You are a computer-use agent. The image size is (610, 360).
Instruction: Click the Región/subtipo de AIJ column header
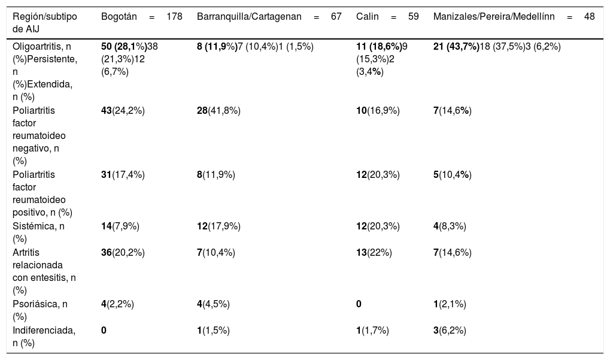coord(45,23)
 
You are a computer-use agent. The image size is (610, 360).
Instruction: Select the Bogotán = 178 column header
coord(142,17)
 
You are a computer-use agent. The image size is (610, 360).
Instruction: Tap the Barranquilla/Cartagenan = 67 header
coord(269,17)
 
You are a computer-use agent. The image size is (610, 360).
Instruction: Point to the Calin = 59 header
coord(387,17)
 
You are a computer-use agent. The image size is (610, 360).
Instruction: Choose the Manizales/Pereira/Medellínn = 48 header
coord(514,17)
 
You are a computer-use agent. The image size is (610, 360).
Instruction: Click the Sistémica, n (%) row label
coord(38,232)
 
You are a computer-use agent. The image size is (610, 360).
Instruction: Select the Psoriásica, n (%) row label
coord(40,310)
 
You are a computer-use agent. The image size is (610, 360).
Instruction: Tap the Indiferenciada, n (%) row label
coord(44,337)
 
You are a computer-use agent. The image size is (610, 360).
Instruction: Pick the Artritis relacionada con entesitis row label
coord(44,271)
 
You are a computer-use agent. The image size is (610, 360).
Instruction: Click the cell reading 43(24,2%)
coord(123,111)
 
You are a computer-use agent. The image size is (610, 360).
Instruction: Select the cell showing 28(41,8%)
coord(218,111)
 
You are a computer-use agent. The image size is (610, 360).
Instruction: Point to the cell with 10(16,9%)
coord(378,111)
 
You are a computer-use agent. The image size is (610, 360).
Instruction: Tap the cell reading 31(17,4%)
coord(123,175)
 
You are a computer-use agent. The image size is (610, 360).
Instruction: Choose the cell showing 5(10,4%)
coord(453,175)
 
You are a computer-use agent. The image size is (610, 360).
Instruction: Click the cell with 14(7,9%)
coord(120,226)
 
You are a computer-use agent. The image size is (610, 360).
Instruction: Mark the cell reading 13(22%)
coord(374,253)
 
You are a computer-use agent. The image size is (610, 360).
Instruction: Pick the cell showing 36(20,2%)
coord(123,253)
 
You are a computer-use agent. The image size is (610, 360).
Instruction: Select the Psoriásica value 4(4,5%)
coord(213,304)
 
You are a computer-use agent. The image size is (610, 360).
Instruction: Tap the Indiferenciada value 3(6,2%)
coord(450,331)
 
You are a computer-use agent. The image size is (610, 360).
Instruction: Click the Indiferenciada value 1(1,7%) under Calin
coord(373,331)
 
